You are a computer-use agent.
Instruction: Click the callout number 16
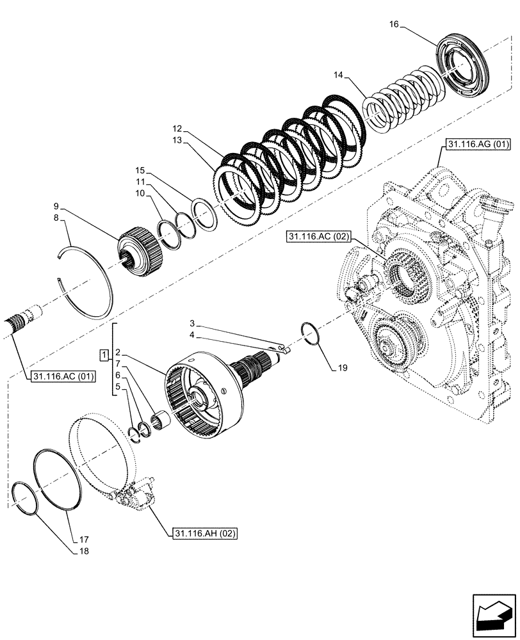click(394, 24)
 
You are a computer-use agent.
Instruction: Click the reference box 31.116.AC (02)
click(318, 237)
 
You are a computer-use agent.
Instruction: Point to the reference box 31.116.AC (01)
click(62, 376)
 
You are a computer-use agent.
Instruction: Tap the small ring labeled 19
click(311, 334)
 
